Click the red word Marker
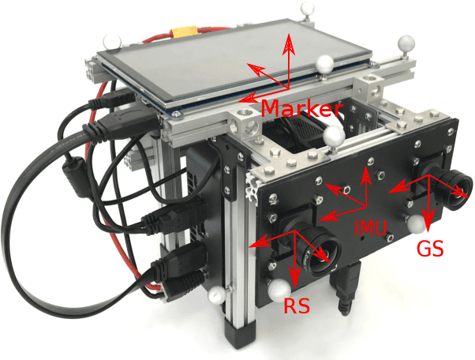(301, 107)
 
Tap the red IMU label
(370, 228)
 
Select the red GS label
(429, 249)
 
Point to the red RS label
(298, 304)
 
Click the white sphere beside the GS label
(416, 225)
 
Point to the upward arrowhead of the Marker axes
(290, 39)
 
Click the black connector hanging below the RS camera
(344, 294)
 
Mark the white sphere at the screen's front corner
(324, 65)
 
